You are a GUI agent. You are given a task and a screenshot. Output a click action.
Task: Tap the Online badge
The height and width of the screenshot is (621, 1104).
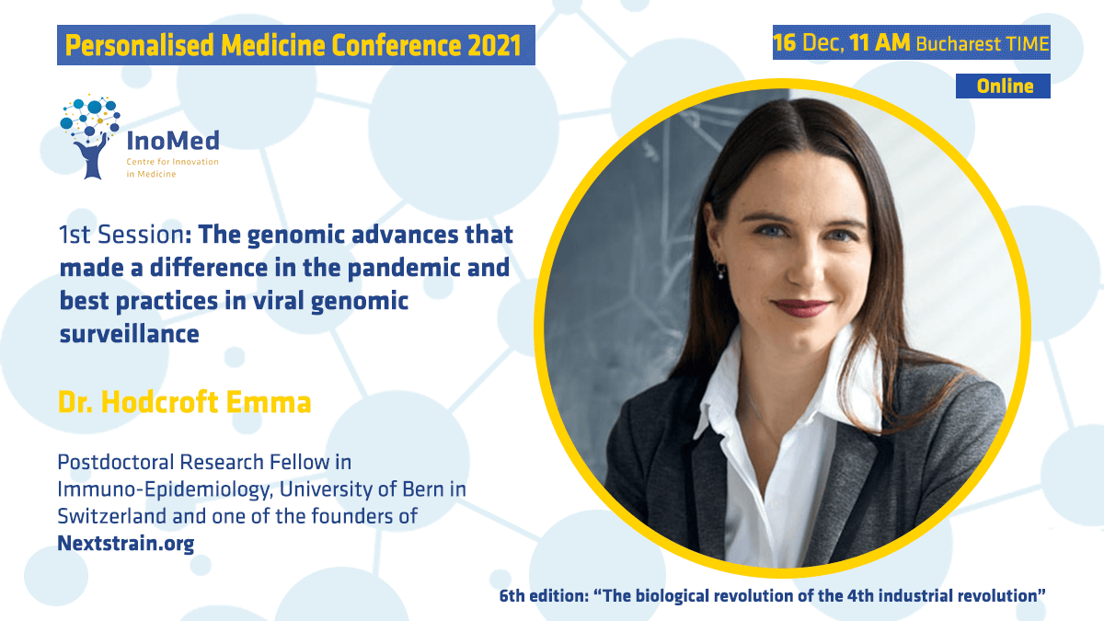coord(1003,86)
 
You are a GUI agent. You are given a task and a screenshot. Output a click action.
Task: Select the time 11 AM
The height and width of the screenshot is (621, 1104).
coord(880,42)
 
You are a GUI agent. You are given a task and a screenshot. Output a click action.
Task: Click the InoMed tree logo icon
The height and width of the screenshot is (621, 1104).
coord(90,136)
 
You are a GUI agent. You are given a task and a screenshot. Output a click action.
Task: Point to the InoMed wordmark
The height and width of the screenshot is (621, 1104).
coord(173,141)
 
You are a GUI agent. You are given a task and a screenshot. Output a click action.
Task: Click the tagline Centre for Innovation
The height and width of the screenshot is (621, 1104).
coord(173,162)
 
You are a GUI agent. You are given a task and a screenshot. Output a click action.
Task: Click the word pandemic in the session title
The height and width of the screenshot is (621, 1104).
coord(404,269)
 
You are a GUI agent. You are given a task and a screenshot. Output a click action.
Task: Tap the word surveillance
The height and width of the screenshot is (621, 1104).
coord(129,334)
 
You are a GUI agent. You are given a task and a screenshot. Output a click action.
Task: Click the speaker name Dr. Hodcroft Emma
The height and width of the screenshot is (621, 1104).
coord(184,402)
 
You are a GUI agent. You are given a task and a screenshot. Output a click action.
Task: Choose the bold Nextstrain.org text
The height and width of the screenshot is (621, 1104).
coord(126,544)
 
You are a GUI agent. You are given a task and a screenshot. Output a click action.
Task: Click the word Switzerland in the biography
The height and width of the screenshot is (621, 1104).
coord(112,516)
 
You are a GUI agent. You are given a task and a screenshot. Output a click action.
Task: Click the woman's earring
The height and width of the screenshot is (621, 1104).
coord(720,271)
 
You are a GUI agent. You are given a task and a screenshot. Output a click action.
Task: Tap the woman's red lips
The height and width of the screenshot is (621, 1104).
coord(801,307)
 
